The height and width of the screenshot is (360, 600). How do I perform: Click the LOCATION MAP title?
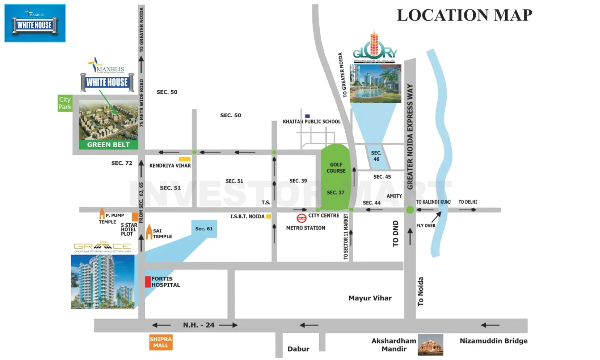click(x=464, y=15)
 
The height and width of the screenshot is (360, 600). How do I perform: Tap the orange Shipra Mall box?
click(x=161, y=342)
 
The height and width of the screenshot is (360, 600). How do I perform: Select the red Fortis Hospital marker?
click(x=148, y=282)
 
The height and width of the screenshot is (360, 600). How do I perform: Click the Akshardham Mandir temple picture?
click(x=430, y=345)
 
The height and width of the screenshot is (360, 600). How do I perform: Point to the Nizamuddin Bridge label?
click(x=493, y=341)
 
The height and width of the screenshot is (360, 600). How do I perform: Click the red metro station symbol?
click(x=301, y=218)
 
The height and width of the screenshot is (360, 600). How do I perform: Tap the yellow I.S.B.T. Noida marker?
click(x=268, y=216)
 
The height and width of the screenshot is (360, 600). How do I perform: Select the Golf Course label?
click(x=336, y=168)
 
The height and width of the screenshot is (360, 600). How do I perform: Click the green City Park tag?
click(x=65, y=103)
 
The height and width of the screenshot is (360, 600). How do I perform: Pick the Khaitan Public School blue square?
click(x=307, y=116)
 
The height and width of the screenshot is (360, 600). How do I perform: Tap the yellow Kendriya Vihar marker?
click(x=184, y=159)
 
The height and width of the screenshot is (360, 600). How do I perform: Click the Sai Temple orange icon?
click(x=149, y=232)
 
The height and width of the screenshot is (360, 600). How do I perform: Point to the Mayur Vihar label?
click(x=370, y=298)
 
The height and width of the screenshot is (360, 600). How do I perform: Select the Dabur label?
click(x=298, y=349)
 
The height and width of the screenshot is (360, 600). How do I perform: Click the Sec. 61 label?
click(x=204, y=229)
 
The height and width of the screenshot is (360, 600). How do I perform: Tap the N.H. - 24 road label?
click(x=198, y=325)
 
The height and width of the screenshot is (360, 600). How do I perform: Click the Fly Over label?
click(x=426, y=226)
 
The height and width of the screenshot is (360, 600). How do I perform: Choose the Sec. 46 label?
click(x=376, y=156)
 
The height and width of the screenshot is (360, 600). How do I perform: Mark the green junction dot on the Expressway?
click(x=410, y=210)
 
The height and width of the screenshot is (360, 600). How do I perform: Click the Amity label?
click(x=394, y=196)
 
